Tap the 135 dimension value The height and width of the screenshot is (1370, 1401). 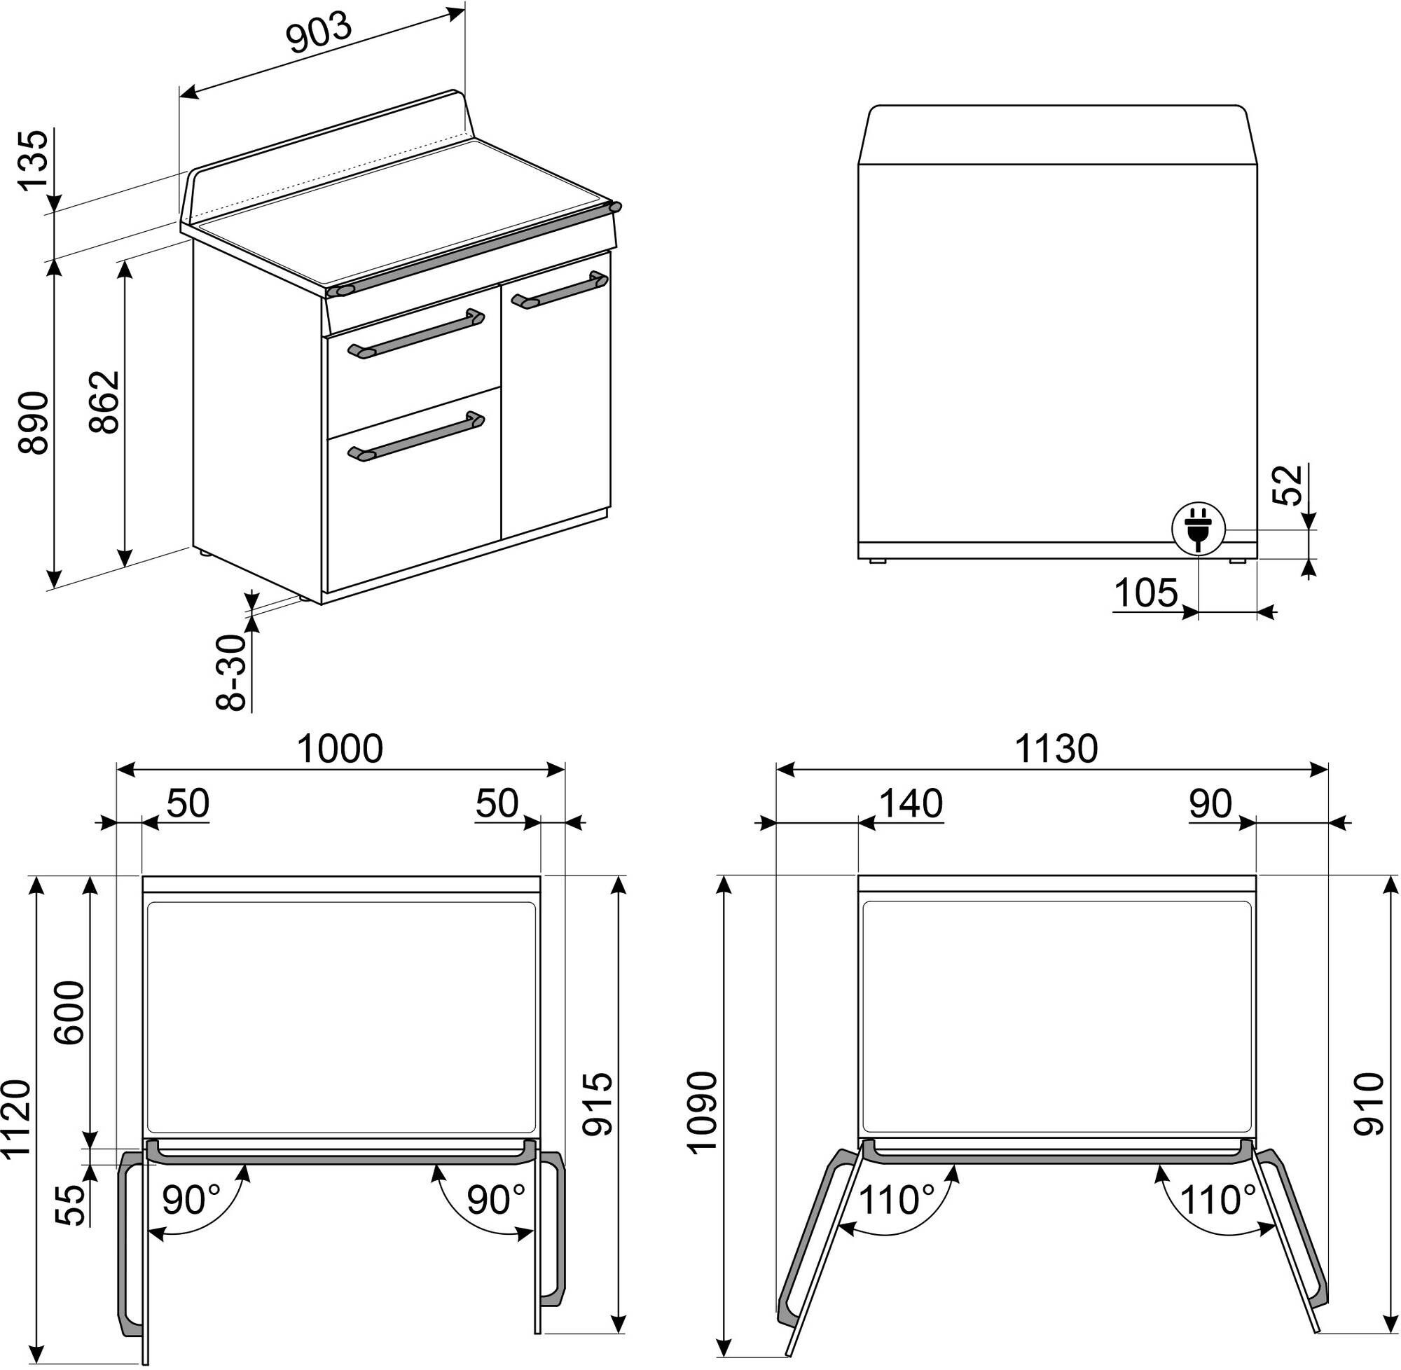(x=34, y=160)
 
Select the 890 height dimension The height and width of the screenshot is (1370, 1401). (x=34, y=422)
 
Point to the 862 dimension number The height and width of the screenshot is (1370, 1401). (x=105, y=401)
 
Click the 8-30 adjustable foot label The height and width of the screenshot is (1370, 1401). (x=232, y=672)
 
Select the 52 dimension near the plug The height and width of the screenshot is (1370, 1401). (x=1288, y=485)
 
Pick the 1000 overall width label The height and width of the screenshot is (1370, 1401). (x=340, y=749)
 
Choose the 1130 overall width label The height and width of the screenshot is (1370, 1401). (x=1056, y=749)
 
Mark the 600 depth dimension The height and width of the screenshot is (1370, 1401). (x=71, y=1012)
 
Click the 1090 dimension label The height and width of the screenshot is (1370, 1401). (x=703, y=1112)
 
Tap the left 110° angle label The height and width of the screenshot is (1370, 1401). (x=897, y=1201)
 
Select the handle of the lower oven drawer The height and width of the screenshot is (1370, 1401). (x=415, y=436)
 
